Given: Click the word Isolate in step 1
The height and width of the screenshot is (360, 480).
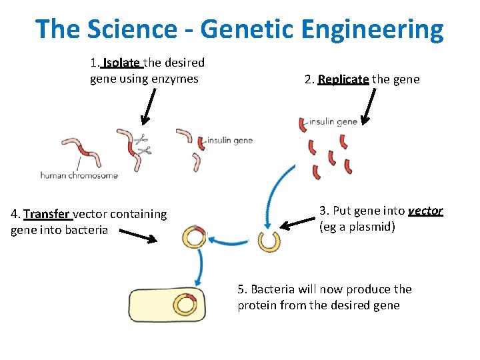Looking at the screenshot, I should [x=121, y=63].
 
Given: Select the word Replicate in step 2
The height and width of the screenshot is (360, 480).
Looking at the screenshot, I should [x=343, y=79].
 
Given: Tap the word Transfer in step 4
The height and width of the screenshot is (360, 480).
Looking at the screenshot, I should [x=47, y=214].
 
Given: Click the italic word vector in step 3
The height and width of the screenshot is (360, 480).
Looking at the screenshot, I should [x=425, y=211].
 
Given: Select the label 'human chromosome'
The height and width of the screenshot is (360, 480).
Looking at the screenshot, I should [x=79, y=176].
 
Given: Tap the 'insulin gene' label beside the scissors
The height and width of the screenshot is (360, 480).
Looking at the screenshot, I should [x=229, y=141].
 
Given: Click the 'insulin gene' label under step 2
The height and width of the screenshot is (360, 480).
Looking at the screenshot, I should [x=333, y=122].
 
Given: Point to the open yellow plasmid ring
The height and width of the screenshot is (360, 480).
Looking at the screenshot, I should [x=269, y=241].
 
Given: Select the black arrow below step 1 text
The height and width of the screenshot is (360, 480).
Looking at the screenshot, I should [x=149, y=106].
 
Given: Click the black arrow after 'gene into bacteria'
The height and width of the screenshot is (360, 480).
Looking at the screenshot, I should [x=138, y=236].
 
